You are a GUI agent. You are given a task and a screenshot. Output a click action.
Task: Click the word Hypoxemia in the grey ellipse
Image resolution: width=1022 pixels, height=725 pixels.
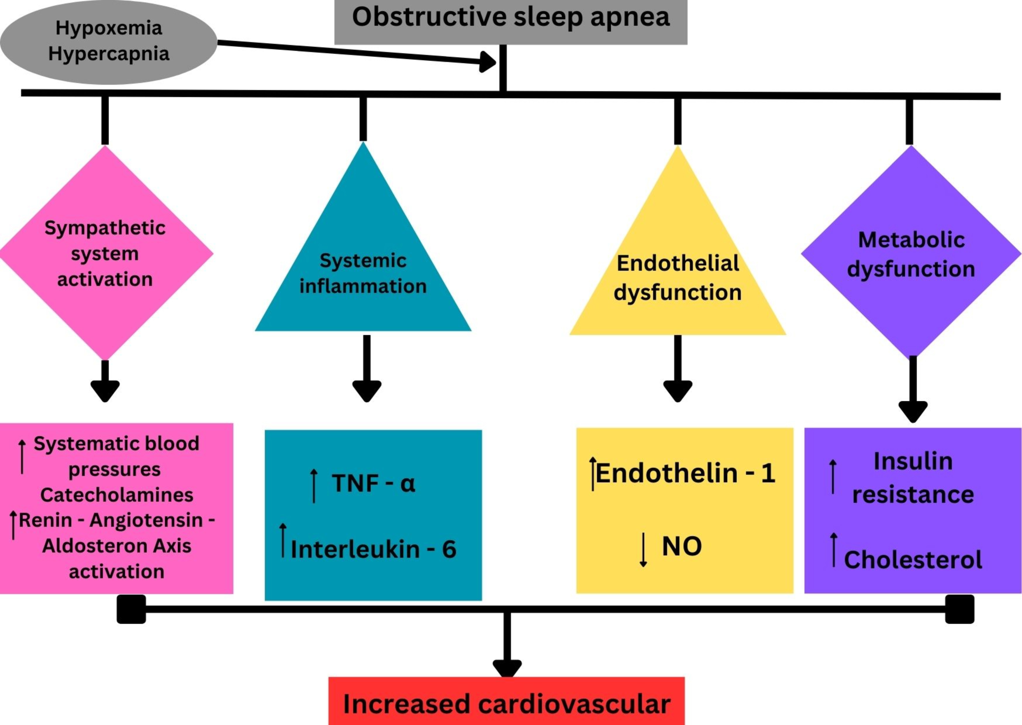point(108,28)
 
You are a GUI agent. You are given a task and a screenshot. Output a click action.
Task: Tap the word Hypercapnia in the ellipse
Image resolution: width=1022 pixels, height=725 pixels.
point(108,53)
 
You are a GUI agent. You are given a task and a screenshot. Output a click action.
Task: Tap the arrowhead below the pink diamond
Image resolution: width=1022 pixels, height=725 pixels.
point(105,390)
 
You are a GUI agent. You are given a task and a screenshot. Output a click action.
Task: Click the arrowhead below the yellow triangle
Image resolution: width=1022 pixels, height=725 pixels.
point(677,390)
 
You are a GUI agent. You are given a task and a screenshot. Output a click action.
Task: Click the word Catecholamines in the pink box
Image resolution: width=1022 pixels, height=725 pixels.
point(116,495)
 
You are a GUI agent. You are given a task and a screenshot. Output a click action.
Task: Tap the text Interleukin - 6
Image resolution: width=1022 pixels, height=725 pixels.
point(373,549)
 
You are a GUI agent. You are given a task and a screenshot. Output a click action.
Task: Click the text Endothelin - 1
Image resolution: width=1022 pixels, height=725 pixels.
point(685,473)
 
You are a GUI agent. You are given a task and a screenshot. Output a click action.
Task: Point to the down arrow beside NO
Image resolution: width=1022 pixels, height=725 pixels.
point(643,549)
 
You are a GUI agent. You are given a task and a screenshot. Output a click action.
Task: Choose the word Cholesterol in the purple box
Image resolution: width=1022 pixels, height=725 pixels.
point(913,560)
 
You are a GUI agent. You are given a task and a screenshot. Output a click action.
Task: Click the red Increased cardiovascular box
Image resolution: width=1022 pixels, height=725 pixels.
point(506,704)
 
